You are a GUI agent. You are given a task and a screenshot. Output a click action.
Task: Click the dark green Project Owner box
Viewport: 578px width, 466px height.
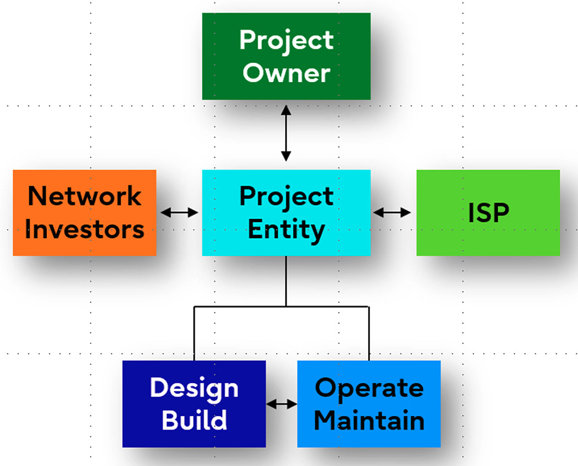[286, 56]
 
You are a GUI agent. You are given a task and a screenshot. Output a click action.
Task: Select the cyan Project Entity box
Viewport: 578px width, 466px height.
[286, 212]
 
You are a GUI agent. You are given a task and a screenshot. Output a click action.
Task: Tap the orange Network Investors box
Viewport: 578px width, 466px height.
[84, 212]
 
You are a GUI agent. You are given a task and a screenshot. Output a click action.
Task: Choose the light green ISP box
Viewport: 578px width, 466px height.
[488, 212]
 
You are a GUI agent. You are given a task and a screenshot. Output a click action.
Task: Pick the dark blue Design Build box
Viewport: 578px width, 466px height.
[194, 404]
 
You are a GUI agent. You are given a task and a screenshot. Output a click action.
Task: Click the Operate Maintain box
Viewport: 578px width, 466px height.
[369, 404]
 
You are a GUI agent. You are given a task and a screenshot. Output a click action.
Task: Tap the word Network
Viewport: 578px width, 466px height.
[84, 196]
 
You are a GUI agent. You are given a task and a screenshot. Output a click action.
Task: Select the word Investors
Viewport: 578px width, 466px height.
[84, 229]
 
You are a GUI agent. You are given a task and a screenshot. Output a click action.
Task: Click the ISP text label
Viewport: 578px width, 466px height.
[489, 212]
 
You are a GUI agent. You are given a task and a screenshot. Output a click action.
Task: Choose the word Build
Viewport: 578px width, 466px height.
[194, 420]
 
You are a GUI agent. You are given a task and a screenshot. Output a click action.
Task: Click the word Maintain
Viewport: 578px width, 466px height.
[369, 420]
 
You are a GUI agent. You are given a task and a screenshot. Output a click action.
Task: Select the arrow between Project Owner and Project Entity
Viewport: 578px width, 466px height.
[286, 134]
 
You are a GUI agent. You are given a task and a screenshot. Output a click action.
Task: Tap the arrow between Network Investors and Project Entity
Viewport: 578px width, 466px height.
[180, 212]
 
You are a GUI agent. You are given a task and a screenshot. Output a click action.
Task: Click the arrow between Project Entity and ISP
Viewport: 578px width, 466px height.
[392, 212]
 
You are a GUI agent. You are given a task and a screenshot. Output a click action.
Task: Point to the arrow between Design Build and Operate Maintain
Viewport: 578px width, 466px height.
[282, 404]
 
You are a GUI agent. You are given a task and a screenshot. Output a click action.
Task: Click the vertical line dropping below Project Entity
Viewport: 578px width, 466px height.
[286, 281]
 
